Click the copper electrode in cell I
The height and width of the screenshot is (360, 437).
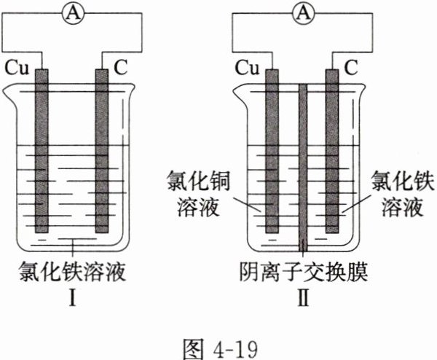point(41,160)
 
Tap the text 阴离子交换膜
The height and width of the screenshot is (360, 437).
point(304,274)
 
